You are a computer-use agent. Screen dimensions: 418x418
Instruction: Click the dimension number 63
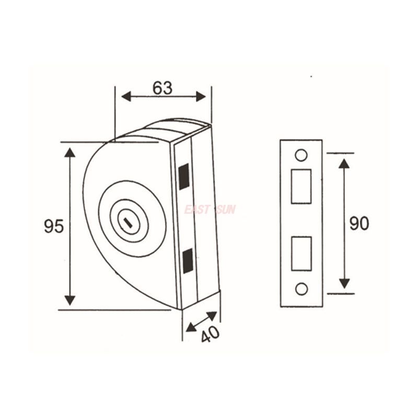click(x=162, y=88)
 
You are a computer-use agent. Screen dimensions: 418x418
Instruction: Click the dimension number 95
click(x=54, y=227)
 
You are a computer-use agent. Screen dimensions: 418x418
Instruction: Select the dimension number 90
click(x=359, y=224)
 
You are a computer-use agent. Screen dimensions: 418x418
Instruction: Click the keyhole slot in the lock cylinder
click(x=127, y=223)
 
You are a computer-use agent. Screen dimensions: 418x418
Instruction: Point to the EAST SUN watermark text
click(x=210, y=210)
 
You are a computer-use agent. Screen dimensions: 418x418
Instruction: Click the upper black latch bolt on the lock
click(x=184, y=177)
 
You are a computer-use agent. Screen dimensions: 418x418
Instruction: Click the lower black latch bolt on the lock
click(x=187, y=261)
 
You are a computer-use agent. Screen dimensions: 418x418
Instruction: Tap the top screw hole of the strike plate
click(x=301, y=155)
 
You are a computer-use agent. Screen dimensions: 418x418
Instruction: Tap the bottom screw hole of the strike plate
click(x=301, y=289)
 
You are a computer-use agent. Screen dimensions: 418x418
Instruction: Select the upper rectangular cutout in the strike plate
click(x=301, y=186)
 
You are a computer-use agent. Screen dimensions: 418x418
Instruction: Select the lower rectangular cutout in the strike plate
click(x=301, y=253)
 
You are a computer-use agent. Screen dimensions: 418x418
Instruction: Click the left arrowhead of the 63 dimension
click(x=126, y=96)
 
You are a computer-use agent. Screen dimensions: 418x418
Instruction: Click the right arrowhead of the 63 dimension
click(x=201, y=96)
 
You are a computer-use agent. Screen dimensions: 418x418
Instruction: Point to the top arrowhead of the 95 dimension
click(x=70, y=153)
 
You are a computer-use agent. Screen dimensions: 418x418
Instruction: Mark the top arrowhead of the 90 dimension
click(x=344, y=164)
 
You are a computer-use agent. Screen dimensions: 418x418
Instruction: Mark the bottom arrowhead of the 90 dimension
click(x=344, y=283)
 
